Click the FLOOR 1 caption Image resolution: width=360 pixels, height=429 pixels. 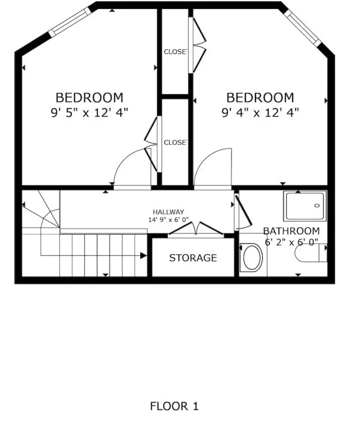click(174, 406)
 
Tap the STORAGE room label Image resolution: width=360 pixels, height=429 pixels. click(193, 258)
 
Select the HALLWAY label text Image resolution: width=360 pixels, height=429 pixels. click(168, 212)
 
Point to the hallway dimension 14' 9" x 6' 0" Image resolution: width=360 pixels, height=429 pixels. click(168, 220)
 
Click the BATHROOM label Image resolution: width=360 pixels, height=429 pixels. click(291, 231)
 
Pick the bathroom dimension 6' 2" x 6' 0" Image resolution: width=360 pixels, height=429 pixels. click(291, 242)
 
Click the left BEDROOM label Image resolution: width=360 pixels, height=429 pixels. click(89, 98)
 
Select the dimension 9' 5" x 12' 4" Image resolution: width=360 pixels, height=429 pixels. click(89, 112)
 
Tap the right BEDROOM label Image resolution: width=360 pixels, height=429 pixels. click(260, 98)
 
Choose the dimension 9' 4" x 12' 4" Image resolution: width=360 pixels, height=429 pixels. click(260, 112)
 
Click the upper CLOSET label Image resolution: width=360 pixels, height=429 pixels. click(176, 52)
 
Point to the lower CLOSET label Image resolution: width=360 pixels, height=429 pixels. click(176, 142)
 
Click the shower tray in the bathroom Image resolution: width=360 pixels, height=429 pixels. click(305, 206)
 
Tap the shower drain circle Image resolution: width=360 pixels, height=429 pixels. click(318, 206)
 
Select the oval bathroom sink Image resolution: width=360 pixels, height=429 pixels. click(252, 257)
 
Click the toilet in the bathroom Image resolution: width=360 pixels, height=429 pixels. click(311, 253)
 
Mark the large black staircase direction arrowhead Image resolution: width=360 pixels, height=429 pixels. click(144, 255)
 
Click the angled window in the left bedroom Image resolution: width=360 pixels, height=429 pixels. click(70, 21)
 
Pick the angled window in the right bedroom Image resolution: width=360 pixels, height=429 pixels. click(303, 28)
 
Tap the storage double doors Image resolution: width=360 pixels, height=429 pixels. click(196, 228)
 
